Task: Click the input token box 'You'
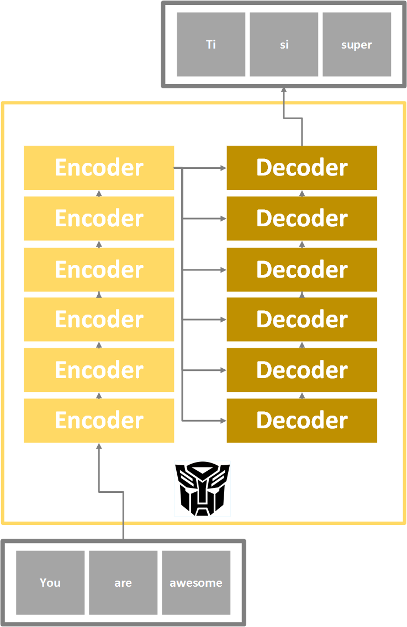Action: (50, 582)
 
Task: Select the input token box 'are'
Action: (123, 582)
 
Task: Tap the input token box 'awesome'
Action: (196, 582)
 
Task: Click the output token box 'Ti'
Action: (211, 45)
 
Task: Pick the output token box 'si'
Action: (284, 45)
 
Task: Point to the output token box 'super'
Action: (357, 45)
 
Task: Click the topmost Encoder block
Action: (99, 168)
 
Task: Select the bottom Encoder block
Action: (99, 421)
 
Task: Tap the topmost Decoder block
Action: (302, 168)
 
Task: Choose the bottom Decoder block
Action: (302, 421)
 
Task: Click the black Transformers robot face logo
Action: (202, 489)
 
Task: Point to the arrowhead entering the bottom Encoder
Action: (99, 446)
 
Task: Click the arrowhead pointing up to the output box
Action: (284, 91)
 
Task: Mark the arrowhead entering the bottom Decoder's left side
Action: (223, 421)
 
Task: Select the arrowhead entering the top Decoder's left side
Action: (223, 168)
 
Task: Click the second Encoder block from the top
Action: (99, 219)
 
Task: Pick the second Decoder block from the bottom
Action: (302, 370)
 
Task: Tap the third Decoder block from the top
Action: (302, 269)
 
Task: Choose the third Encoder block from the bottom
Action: (99, 320)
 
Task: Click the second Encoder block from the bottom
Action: (99, 370)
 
